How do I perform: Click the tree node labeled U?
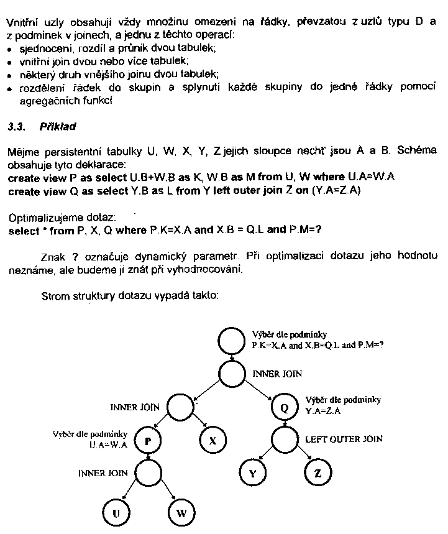tap(116, 513)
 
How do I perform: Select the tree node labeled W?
tap(181, 513)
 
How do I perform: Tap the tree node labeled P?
tap(149, 440)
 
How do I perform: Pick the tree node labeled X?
tap(212, 440)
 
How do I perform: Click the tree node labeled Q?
tap(285, 408)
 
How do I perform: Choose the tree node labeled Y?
tap(252, 473)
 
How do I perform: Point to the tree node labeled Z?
tap(318, 473)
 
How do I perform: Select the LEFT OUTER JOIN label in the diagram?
tap(344, 439)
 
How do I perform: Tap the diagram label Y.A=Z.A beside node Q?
tap(324, 411)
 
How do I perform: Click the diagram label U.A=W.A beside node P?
tap(108, 445)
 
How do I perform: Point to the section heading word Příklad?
tap(57, 127)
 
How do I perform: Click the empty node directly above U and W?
tap(149, 473)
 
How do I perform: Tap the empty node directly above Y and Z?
tap(285, 440)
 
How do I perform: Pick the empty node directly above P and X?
tap(181, 408)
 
